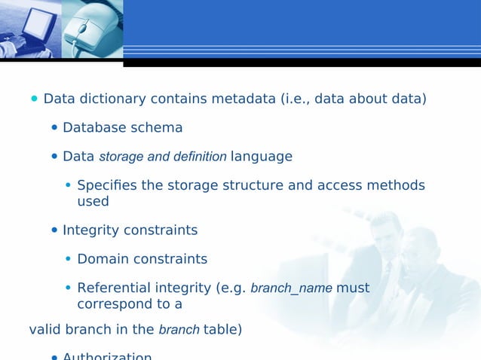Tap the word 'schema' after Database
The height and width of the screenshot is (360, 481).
click(158, 128)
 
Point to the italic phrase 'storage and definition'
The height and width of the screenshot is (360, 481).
click(163, 157)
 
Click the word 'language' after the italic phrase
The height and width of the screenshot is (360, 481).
click(261, 157)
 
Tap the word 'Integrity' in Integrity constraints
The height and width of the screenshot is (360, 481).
click(90, 230)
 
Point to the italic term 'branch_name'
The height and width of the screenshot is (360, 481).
click(291, 288)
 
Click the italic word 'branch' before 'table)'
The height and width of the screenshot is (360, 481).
click(179, 330)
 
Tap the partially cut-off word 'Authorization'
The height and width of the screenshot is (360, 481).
click(107, 356)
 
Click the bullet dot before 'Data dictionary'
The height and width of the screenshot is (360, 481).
click(34, 99)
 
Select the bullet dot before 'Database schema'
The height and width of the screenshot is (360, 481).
click(54, 127)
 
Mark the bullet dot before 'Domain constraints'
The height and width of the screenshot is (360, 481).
click(69, 259)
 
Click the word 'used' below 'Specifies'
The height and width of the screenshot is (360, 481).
click(93, 201)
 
